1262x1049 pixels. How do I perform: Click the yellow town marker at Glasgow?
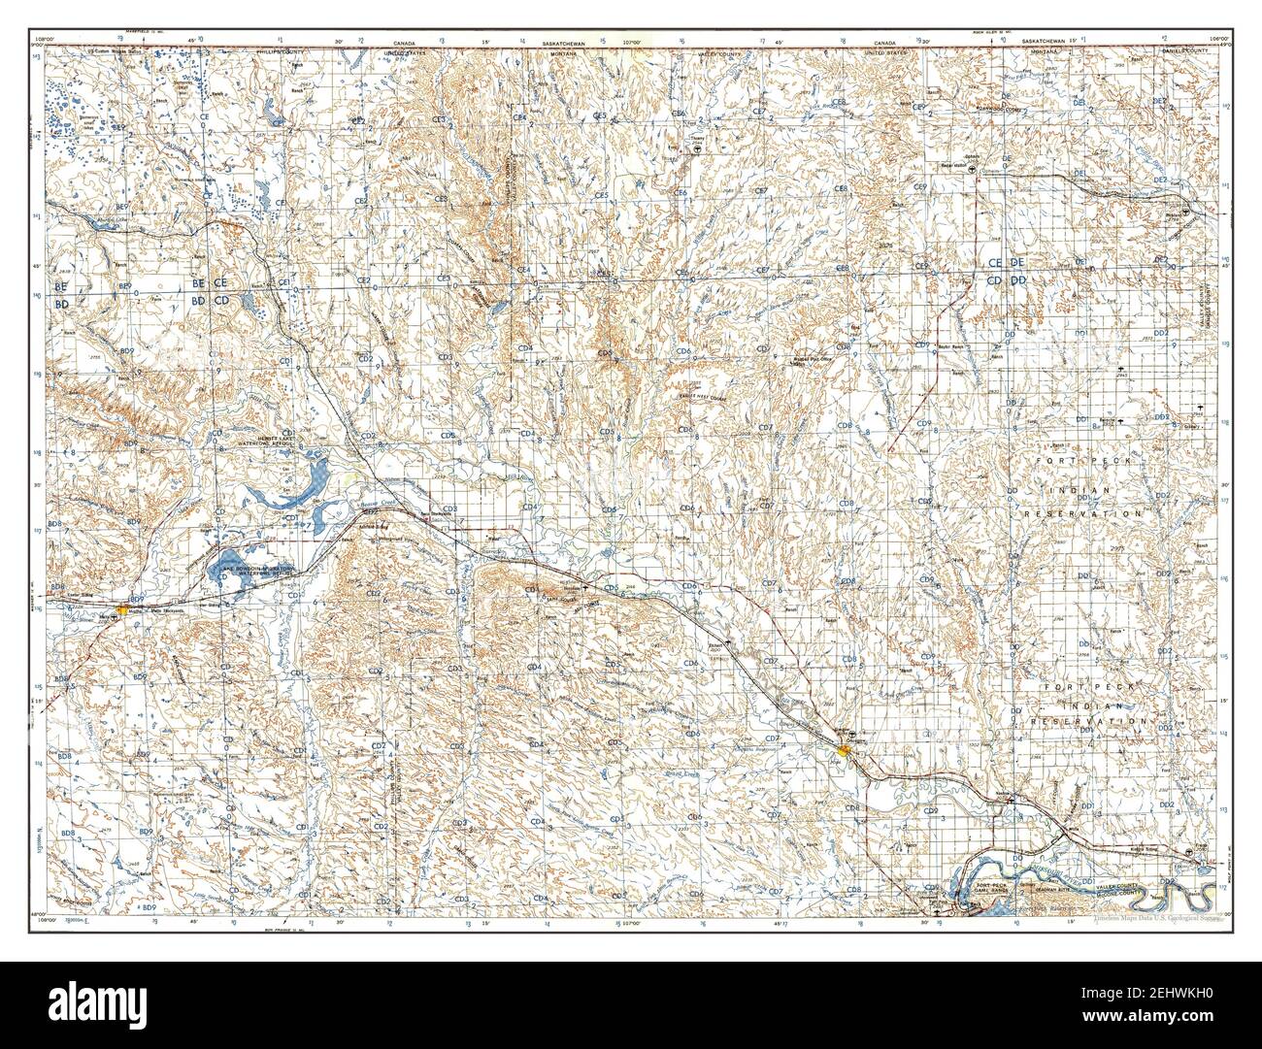point(846,749)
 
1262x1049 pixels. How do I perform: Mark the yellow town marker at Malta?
point(119,612)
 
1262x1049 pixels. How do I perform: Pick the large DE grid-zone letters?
point(1017,263)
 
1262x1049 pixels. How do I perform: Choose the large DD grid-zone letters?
point(1018,280)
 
